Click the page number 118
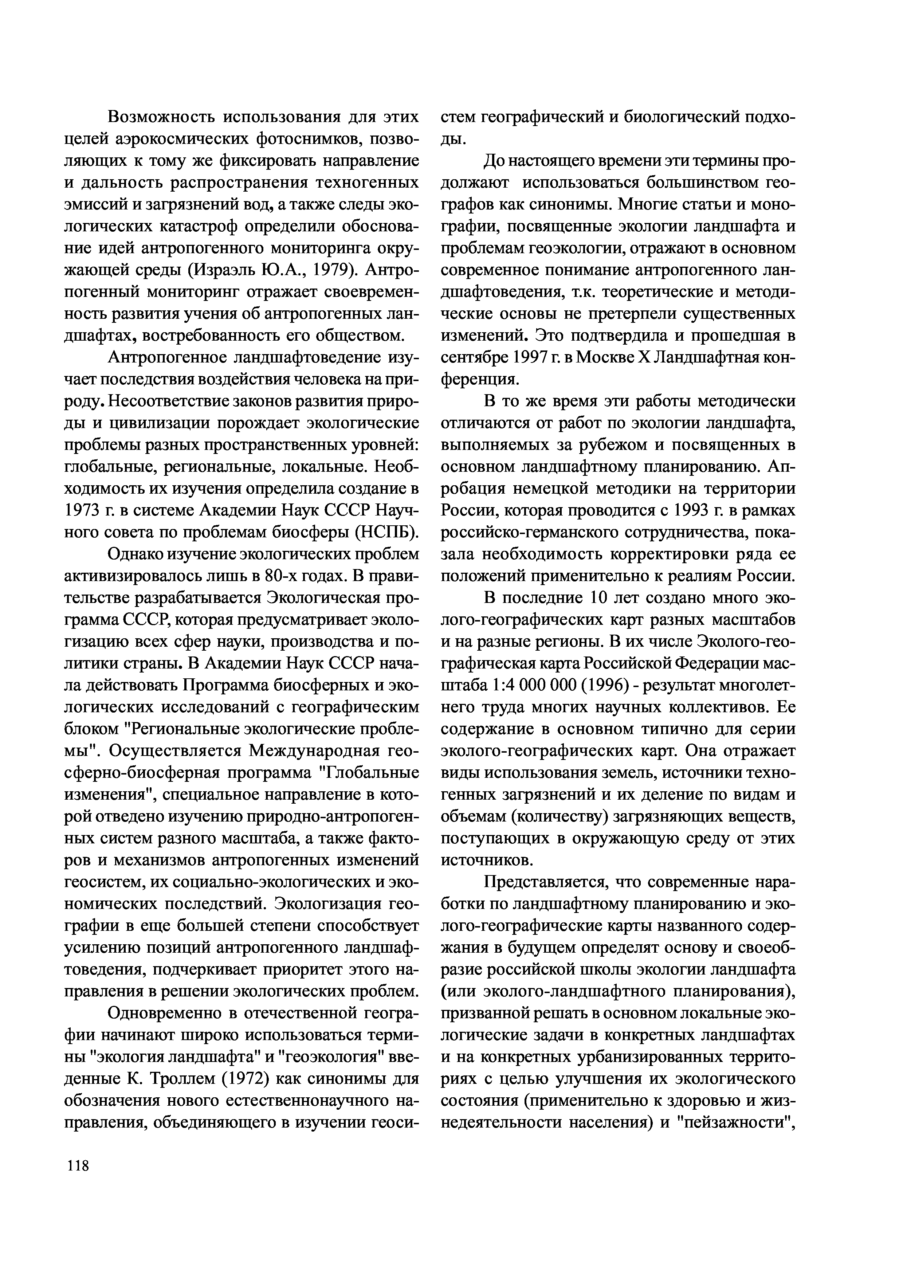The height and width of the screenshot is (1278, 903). (x=77, y=1164)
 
